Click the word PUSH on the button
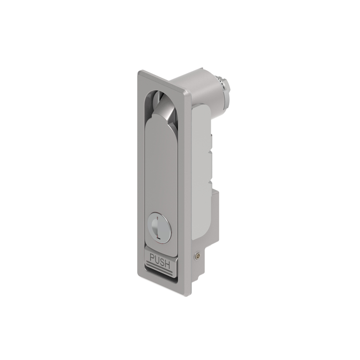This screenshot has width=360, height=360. coord(160,260)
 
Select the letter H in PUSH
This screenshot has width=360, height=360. coord(168,264)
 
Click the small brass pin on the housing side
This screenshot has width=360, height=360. coord(197,256)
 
